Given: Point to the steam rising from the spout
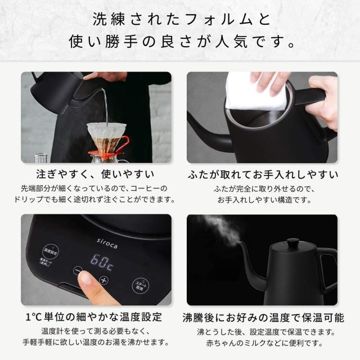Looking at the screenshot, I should [x=222, y=228].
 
